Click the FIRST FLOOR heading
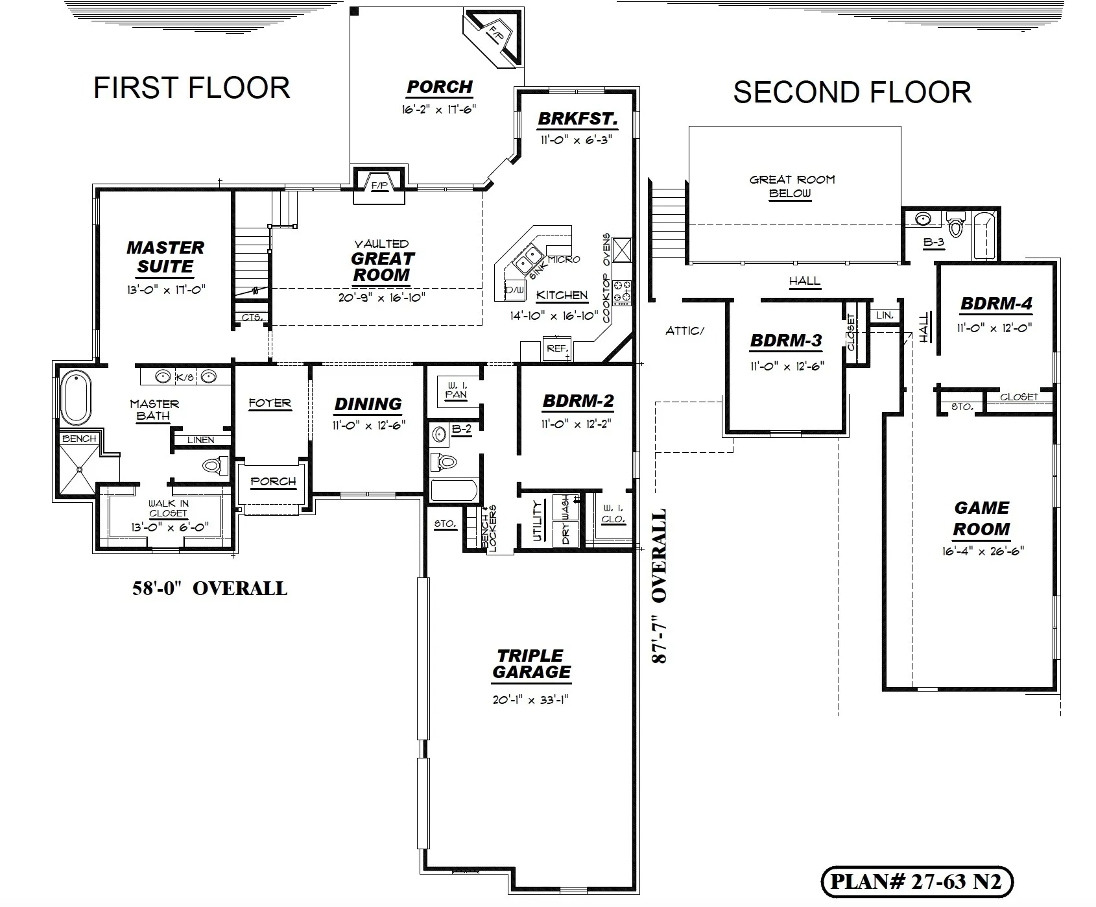(x=192, y=88)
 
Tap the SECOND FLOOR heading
(x=852, y=92)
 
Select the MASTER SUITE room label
(x=165, y=257)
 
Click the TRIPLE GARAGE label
(x=531, y=664)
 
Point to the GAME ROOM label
(x=982, y=518)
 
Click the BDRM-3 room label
(x=786, y=341)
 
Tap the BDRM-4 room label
(x=996, y=304)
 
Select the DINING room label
(x=368, y=404)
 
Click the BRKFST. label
(x=577, y=119)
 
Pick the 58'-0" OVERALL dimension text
(x=209, y=588)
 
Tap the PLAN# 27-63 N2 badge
(x=916, y=881)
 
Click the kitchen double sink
(x=530, y=261)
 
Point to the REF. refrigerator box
(x=556, y=348)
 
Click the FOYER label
(x=270, y=403)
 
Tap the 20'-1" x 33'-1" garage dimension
(x=531, y=700)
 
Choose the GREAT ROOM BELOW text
(x=792, y=186)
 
